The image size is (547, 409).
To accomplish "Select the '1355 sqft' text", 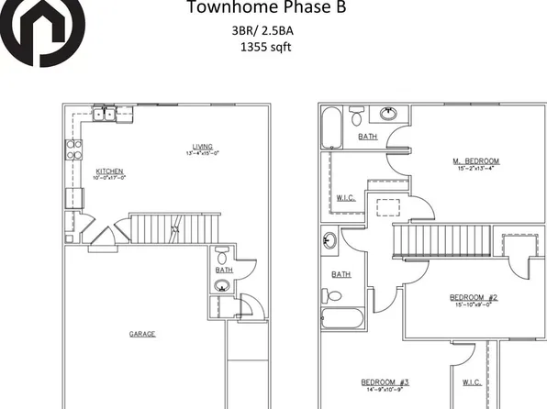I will coord(265,47).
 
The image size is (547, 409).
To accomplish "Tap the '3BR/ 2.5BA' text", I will coord(263,30).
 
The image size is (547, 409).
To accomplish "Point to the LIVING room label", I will coord(202,145).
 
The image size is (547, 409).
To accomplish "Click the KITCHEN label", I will coord(110,171).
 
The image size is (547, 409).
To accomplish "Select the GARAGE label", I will coord(142,333).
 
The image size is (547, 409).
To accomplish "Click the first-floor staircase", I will coord(175,227).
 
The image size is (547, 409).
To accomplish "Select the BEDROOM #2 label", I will coord(473,297).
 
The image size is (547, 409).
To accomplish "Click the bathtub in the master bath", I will coord(332,127).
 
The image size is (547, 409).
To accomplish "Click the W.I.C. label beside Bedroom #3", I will coord(472,381).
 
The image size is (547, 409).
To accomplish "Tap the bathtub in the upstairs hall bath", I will coord(342,319).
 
